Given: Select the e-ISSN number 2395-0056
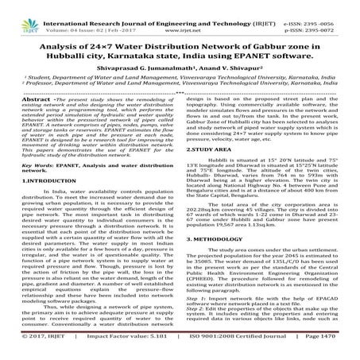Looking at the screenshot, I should [337, 7].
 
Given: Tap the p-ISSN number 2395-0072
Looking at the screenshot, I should [337, 17].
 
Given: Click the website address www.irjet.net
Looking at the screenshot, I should [180, 17].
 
